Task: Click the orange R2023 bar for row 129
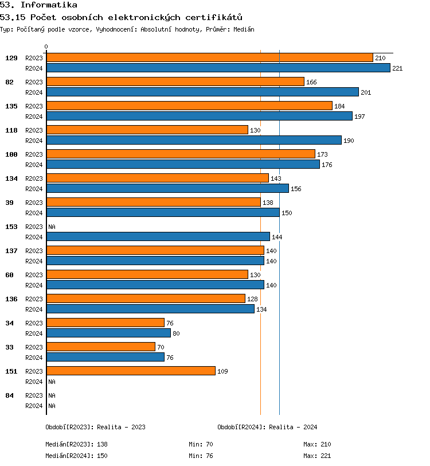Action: click(209, 58)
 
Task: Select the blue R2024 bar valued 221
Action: click(218, 68)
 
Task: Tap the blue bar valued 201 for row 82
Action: click(202, 92)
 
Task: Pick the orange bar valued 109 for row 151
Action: click(131, 371)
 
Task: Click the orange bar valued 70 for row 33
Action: click(101, 347)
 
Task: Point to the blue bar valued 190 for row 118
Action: click(194, 140)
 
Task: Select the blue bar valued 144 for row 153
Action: click(158, 236)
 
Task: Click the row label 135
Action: click(11, 106)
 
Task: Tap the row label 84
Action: click(10, 395)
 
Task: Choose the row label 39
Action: click(10, 203)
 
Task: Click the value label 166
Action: click(311, 83)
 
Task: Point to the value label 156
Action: click(296, 189)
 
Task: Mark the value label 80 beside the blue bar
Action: click(176, 333)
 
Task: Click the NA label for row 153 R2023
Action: click(52, 227)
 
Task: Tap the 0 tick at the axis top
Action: click(46, 47)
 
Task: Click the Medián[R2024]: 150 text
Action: click(76, 456)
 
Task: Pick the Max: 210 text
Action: click(317, 444)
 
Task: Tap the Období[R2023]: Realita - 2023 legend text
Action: click(95, 427)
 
